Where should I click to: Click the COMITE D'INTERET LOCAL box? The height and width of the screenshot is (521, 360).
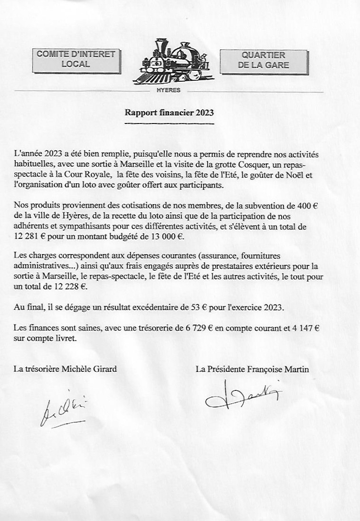pyautogui.click(x=76, y=59)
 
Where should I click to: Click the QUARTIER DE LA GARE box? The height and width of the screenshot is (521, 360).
pyautogui.click(x=263, y=60)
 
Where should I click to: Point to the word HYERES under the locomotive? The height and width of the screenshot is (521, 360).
pyautogui.click(x=168, y=90)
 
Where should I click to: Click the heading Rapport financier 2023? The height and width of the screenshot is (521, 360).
pyautogui.click(x=169, y=113)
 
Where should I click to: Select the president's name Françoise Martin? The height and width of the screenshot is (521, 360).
pyautogui.click(x=274, y=369)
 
